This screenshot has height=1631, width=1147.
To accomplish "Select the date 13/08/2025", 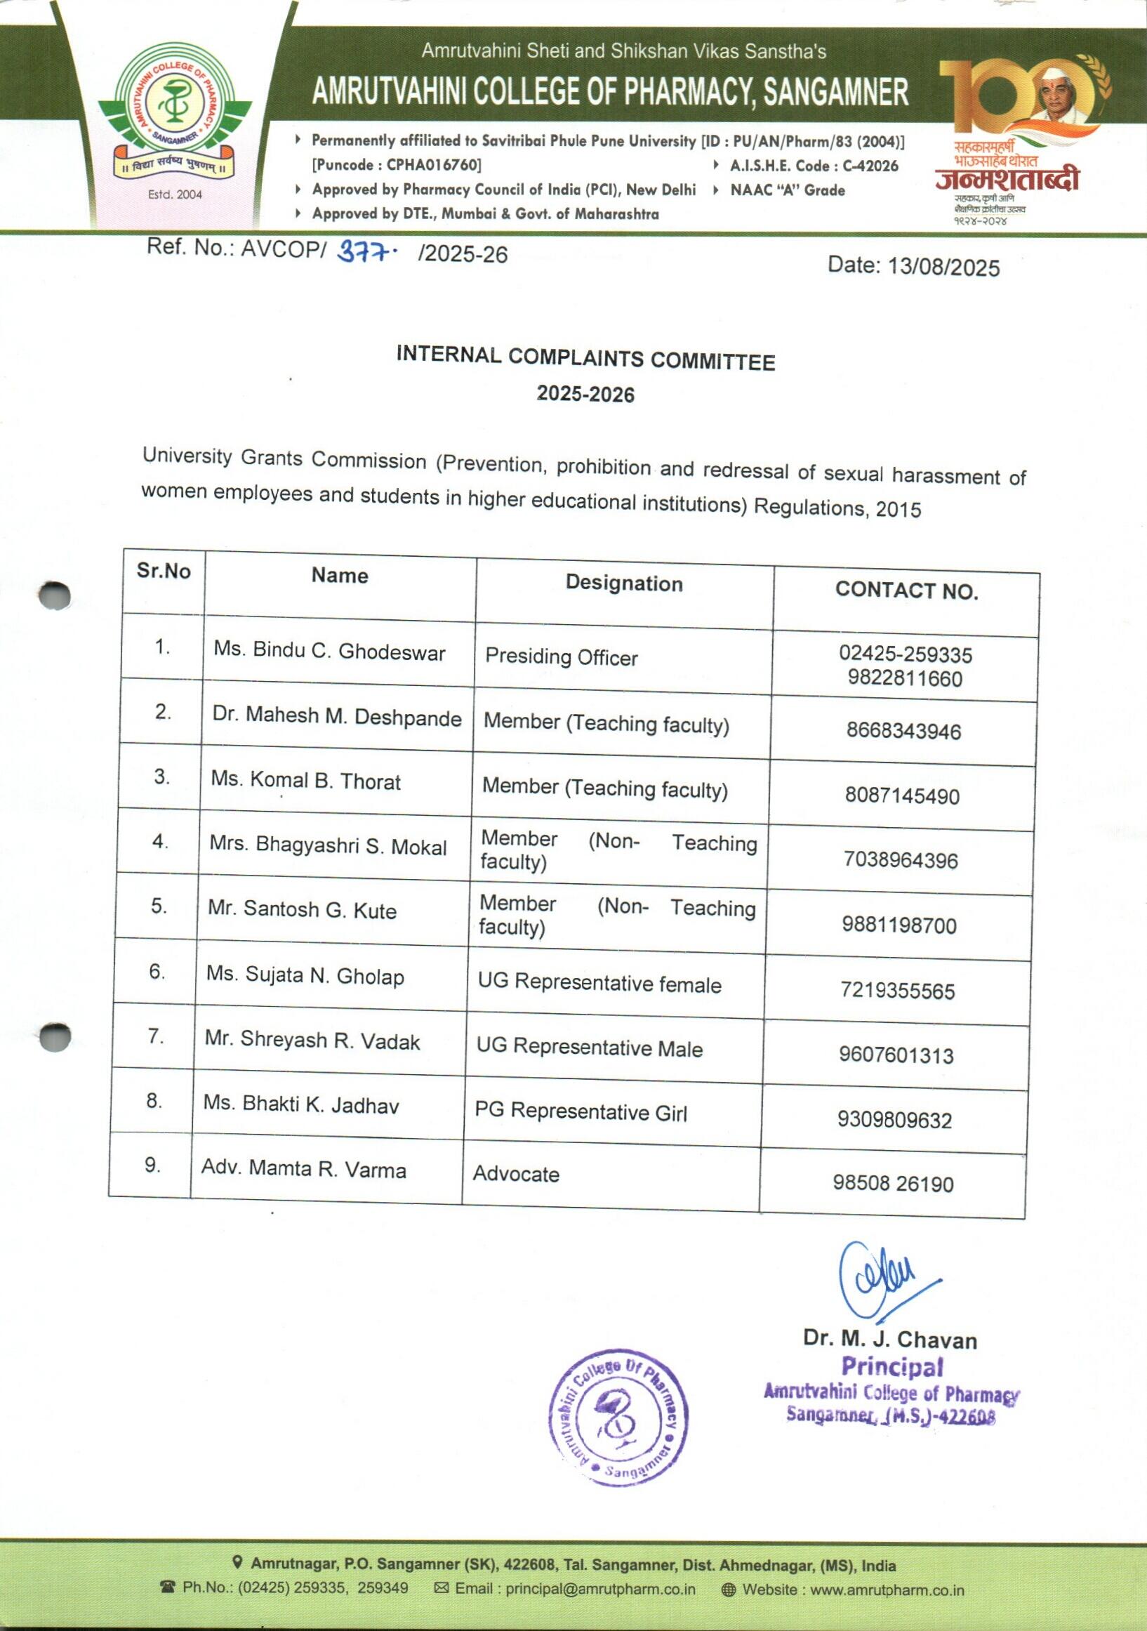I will [944, 268].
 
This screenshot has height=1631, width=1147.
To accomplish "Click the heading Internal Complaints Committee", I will [585, 359].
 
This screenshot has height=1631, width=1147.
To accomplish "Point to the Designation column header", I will [623, 584].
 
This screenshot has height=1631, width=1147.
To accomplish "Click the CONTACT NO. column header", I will [906, 591].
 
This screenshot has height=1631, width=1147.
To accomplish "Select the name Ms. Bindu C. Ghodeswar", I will [329, 652].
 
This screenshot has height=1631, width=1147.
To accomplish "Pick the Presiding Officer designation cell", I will [561, 657].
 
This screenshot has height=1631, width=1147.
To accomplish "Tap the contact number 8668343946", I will [903, 731].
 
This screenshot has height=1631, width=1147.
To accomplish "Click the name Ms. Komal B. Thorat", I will [306, 781].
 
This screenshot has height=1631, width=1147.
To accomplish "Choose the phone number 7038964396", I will [901, 860].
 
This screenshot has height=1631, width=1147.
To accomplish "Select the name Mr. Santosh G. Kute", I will [302, 910].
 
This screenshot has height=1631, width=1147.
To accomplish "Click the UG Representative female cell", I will [599, 984].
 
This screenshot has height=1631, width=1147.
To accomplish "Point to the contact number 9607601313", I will [896, 1055].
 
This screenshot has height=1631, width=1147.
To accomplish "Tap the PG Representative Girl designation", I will [581, 1111].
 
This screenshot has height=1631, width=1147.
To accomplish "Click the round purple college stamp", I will [618, 1417].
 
